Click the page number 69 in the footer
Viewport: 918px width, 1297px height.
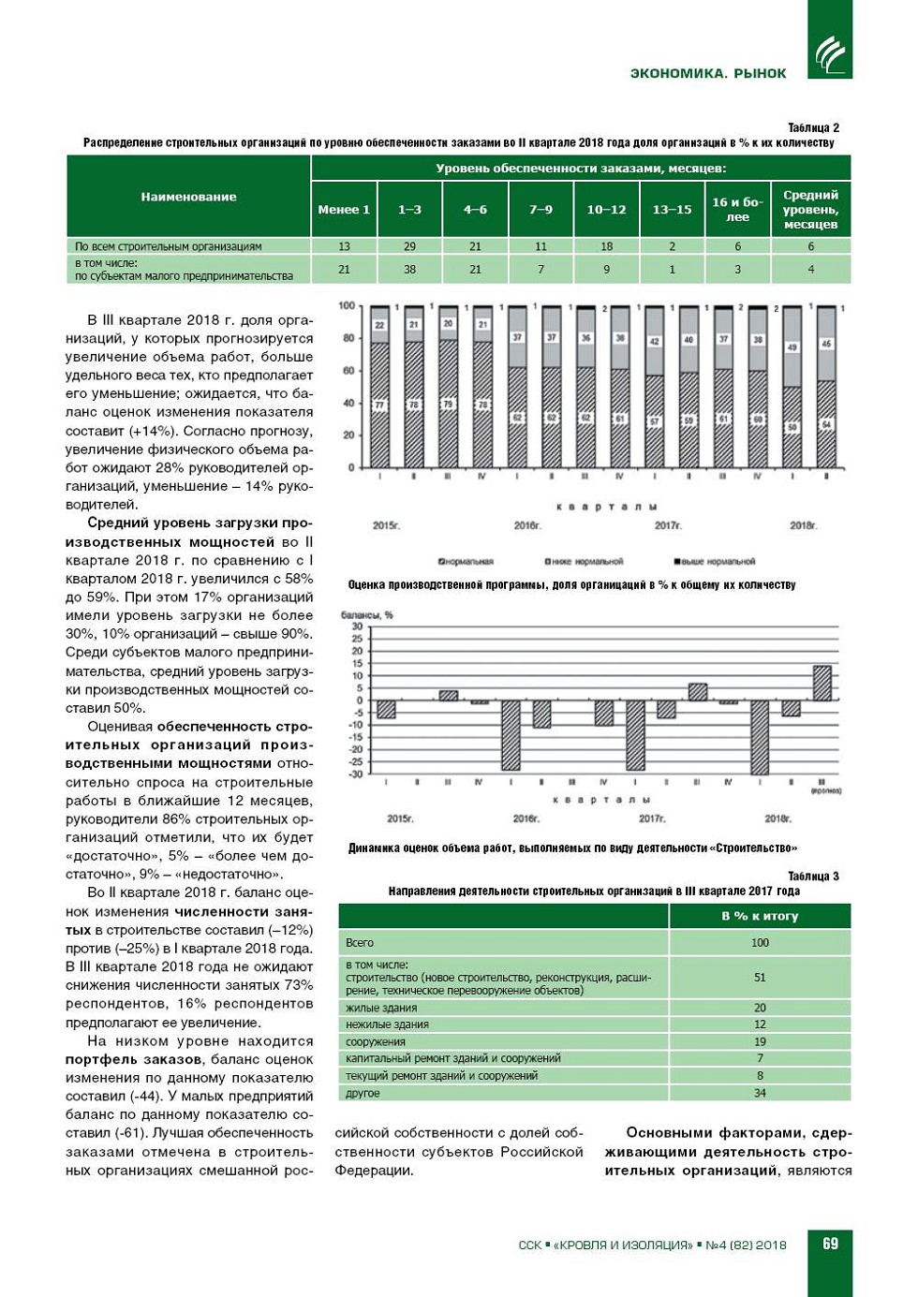click(830, 1244)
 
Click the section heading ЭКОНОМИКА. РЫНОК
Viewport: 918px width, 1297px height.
click(708, 73)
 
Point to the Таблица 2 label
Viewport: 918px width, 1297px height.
click(813, 127)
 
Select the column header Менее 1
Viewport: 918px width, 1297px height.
click(344, 209)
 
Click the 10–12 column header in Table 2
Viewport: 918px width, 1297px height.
click(606, 209)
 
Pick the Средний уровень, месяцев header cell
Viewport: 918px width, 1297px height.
click(810, 209)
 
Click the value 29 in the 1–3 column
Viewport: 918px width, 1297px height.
click(409, 246)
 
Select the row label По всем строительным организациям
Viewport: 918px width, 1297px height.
click(169, 246)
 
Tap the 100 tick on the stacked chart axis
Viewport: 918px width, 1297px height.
click(347, 306)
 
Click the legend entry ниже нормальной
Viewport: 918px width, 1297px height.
click(584, 562)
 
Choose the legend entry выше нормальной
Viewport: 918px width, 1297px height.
click(715, 562)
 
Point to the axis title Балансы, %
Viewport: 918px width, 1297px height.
click(367, 615)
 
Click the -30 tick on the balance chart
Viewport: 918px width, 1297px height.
click(356, 774)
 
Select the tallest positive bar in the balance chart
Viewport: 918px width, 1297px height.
click(822, 683)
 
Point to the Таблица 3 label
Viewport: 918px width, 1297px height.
click(813, 877)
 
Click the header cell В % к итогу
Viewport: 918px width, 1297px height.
click(760, 916)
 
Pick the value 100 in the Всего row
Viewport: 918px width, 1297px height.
click(760, 943)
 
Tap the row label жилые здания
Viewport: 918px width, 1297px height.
click(381, 1008)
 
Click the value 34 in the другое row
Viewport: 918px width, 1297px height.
click(760, 1093)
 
